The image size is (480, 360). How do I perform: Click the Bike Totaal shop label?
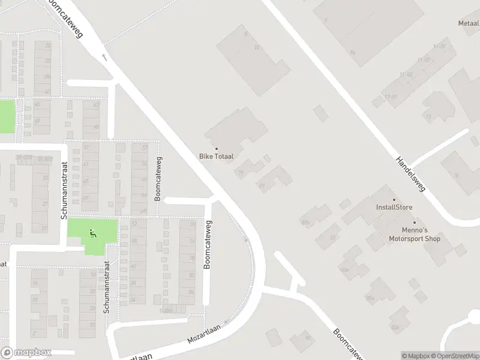[x=216, y=156]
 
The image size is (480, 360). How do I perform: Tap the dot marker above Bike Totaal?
[x=216, y=149]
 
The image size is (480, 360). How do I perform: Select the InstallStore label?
[x=394, y=208]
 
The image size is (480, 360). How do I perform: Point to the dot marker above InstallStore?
[x=394, y=200]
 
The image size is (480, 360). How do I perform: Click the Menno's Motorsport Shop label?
[x=413, y=235]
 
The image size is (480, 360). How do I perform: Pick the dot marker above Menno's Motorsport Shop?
[x=414, y=223]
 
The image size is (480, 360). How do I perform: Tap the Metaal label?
[x=469, y=23]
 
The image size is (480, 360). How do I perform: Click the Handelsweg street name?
[x=410, y=175]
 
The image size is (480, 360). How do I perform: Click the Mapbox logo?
[x=26, y=353]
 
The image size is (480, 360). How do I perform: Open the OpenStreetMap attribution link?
[x=454, y=356]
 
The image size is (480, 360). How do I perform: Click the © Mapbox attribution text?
[x=416, y=356]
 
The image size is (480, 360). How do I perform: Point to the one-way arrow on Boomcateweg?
[x=105, y=58]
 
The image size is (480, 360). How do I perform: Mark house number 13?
[x=427, y=117]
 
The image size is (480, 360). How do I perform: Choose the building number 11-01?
[x=391, y=97]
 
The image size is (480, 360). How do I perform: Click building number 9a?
[x=353, y=53]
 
